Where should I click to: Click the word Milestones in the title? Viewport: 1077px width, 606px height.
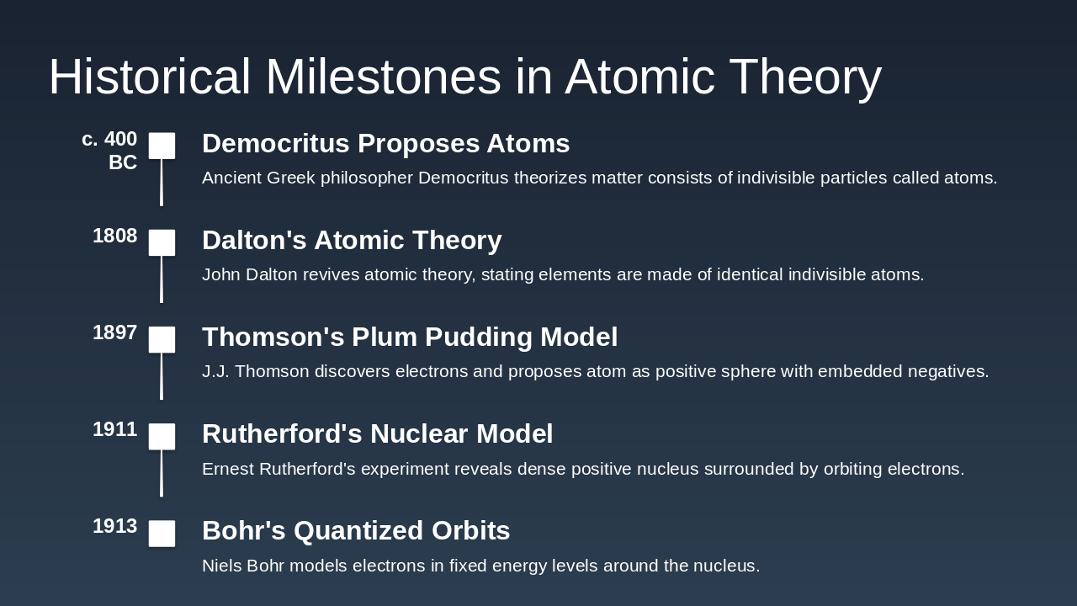coord(383,77)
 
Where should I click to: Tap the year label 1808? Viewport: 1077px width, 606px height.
coord(115,237)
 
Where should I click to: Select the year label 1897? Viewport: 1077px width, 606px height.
coord(115,332)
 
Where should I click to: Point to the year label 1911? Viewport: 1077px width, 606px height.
coord(115,429)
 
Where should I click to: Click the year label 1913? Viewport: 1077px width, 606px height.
coord(115,526)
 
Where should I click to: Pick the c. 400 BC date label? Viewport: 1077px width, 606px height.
coord(109,151)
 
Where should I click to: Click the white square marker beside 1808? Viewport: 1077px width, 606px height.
coord(162,242)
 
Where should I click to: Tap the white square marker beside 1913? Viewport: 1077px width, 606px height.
coord(162,534)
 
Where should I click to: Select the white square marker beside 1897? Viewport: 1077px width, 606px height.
coord(162,339)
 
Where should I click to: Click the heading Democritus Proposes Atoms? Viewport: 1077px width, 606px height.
coord(385,143)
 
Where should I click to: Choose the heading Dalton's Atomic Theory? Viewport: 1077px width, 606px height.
coord(352,240)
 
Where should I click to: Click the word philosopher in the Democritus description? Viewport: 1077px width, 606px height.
coord(366,178)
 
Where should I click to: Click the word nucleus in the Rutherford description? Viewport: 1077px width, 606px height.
coord(667,469)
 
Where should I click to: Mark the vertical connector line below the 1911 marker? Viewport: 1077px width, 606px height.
coord(162,473)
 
